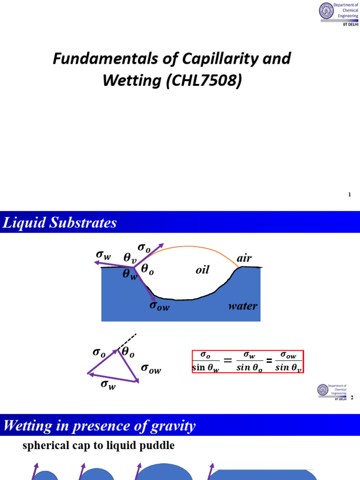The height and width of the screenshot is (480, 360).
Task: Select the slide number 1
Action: [350, 195]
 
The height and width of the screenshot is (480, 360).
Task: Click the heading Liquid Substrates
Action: [60, 223]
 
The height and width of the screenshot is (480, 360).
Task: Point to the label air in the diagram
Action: [244, 258]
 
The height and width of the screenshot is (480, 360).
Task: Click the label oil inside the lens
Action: [202, 270]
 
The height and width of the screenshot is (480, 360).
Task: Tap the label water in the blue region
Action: [242, 307]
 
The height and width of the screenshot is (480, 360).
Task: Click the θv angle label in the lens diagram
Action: [130, 258]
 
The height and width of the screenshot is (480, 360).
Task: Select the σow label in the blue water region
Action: [159, 306]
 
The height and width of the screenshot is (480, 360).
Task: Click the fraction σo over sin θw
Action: [206, 361]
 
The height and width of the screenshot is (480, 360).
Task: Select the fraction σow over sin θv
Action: [288, 361]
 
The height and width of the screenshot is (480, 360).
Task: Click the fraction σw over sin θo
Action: [249, 361]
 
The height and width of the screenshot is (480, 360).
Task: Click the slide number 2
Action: [352, 398]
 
